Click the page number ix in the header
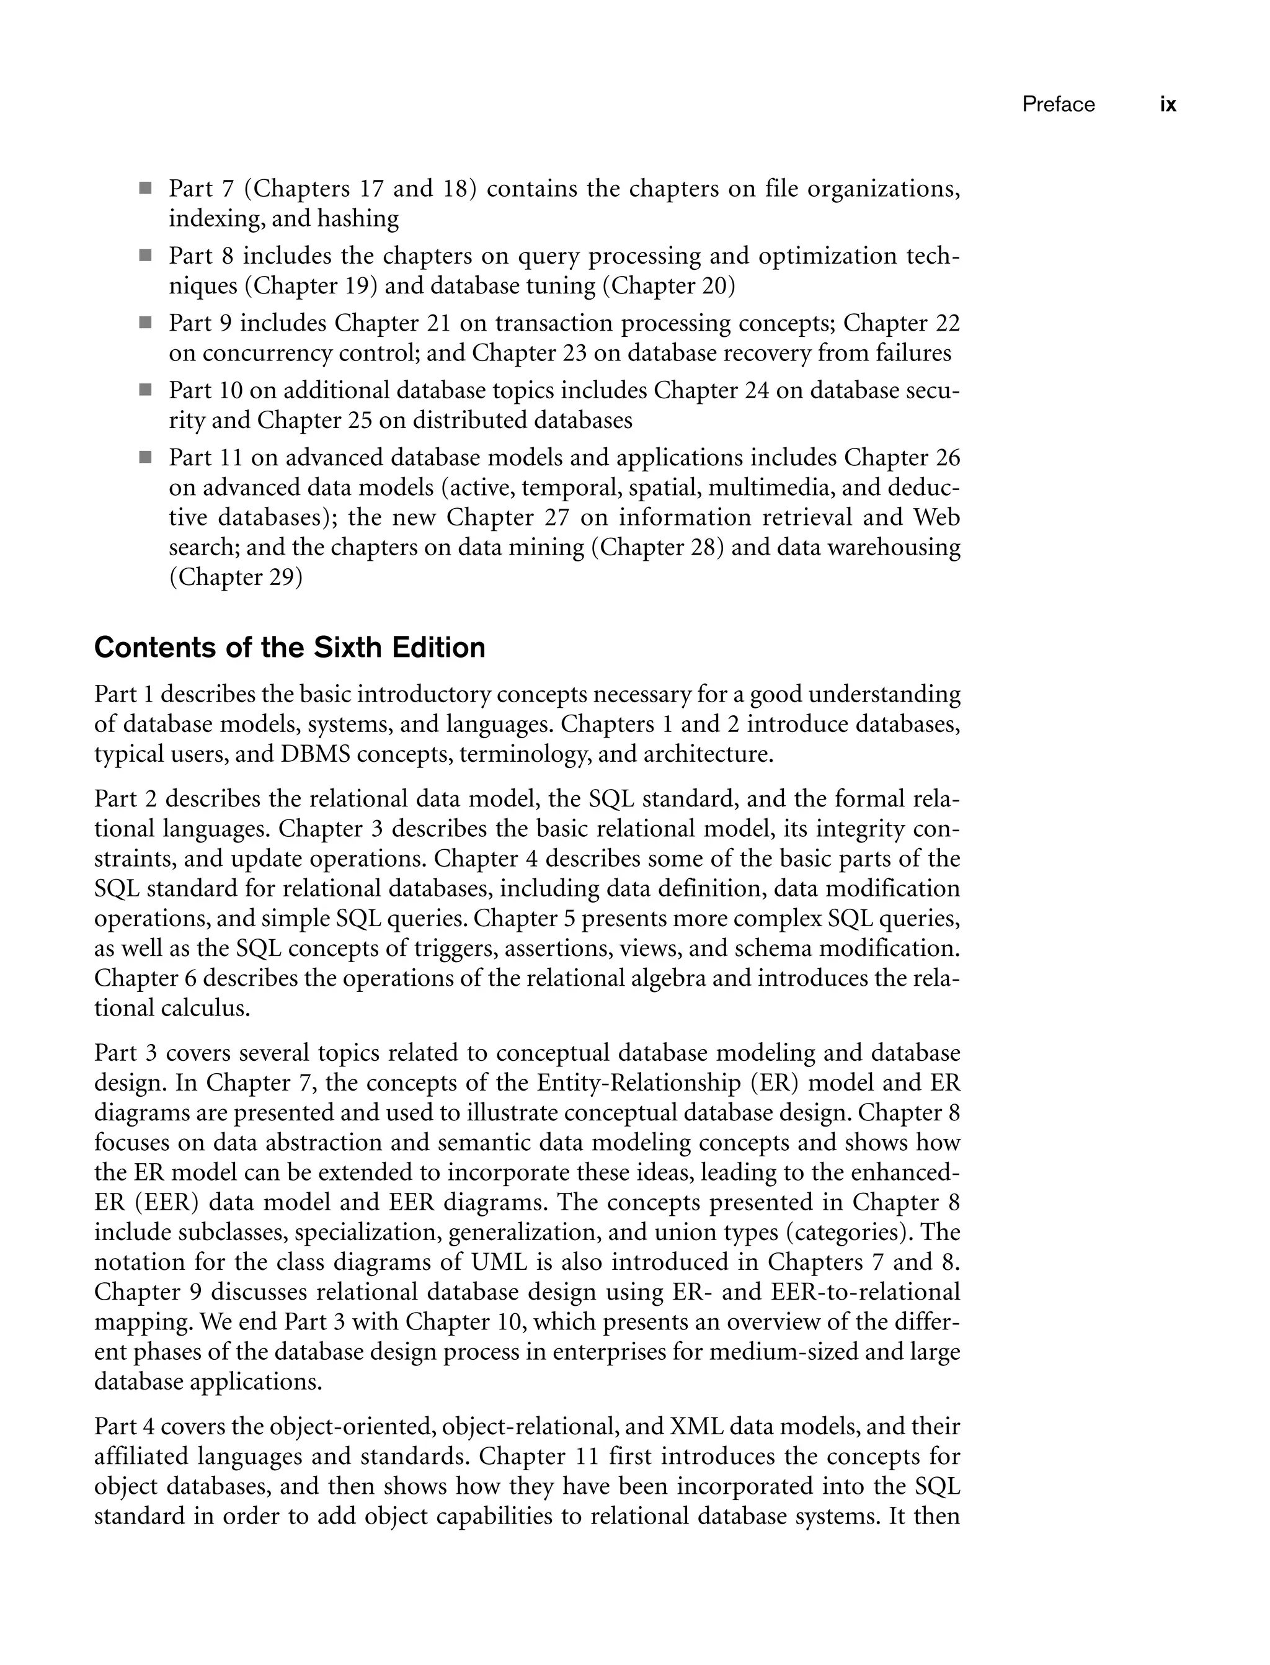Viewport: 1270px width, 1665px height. [1168, 104]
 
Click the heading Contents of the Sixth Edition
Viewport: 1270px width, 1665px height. [290, 648]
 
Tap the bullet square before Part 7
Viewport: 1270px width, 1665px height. [145, 187]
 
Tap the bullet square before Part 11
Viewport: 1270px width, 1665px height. [145, 457]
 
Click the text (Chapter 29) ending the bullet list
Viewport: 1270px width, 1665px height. [235, 578]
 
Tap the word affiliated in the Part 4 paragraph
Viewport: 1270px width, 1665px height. [141, 1457]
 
